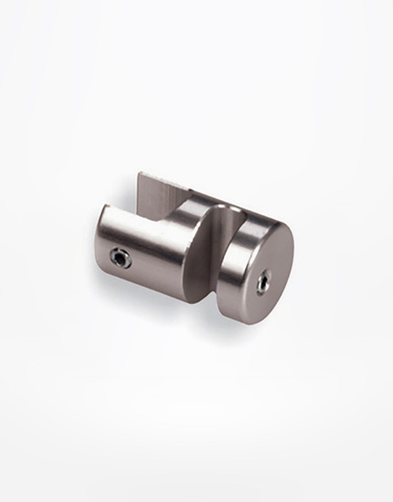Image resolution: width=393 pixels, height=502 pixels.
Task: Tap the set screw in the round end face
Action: tap(262, 284)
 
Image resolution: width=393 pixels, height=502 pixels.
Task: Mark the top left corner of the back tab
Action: tap(141, 174)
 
